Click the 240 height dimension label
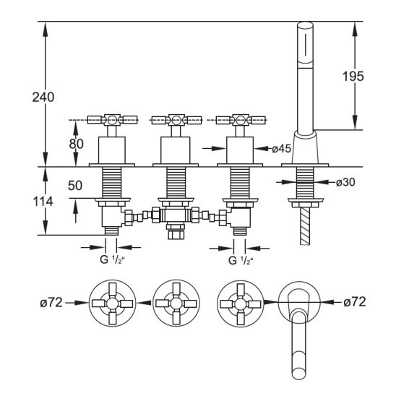pyautogui.click(x=43, y=98)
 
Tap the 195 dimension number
pyautogui.click(x=353, y=76)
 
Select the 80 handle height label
pyautogui.click(x=77, y=144)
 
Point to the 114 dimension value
pyautogui.click(x=43, y=202)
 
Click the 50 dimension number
pyautogui.click(x=75, y=186)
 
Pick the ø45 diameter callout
pyautogui.click(x=281, y=149)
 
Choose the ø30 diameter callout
pyautogui.click(x=345, y=182)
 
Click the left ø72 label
pyautogui.click(x=51, y=302)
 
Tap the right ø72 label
pyautogui.click(x=355, y=301)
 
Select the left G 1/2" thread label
pyautogui.click(x=112, y=259)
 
